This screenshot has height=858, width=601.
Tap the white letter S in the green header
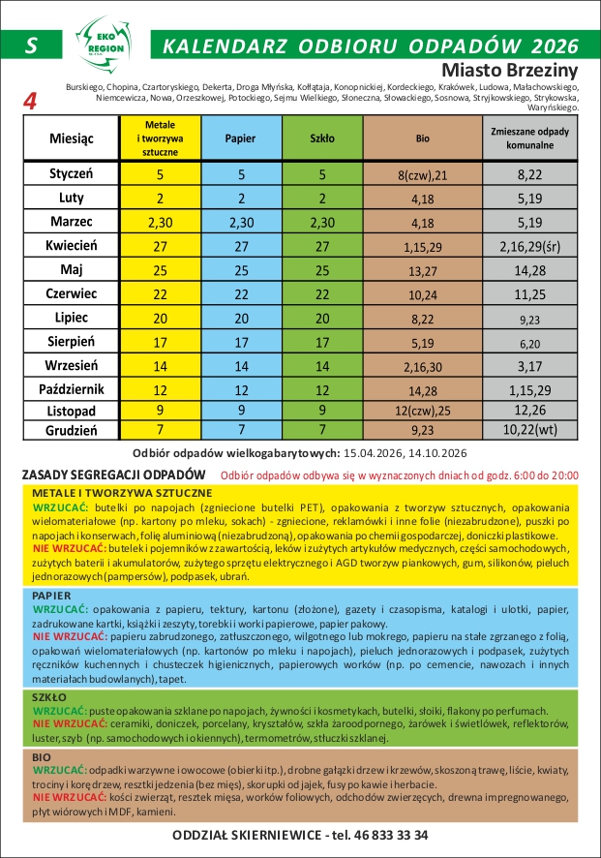(32, 46)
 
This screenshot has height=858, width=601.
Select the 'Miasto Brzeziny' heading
(509, 71)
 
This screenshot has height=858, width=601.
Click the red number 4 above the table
(30, 102)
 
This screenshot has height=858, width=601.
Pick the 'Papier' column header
(239, 138)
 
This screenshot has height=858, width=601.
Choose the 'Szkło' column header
(322, 138)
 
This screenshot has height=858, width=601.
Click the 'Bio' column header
(422, 138)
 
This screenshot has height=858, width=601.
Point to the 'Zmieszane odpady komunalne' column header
(529, 138)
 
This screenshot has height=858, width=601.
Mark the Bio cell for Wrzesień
(422, 367)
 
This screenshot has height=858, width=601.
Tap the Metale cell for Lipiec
(160, 318)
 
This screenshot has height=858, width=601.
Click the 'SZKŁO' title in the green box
(48, 697)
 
